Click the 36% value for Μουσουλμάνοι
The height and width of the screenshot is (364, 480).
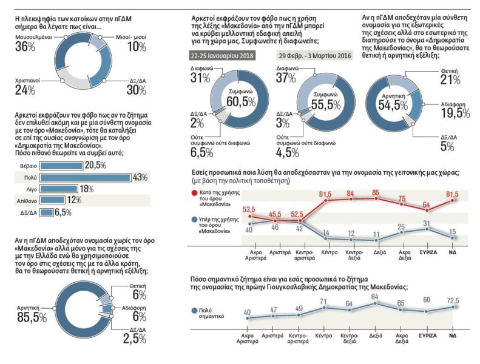pos(25,47)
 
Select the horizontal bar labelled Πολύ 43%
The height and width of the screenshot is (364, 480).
pos(85,178)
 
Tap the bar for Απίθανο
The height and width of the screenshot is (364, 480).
pos(52,201)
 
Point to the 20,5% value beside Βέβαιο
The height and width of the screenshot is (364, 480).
pos(95,166)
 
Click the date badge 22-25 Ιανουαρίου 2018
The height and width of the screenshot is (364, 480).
pos(222,56)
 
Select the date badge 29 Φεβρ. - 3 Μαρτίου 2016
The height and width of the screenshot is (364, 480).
pos(315,56)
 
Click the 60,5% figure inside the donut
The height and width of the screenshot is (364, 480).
pos(241,102)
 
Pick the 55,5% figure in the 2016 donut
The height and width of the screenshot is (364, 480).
pos(326,105)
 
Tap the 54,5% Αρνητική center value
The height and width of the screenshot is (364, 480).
pos(393,106)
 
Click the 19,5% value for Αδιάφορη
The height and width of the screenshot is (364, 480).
pos(455,113)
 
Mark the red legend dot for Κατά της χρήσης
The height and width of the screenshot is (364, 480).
pos(194,194)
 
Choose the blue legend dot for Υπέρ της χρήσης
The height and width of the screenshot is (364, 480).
pos(194,220)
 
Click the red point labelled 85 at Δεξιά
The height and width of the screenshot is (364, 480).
pos(376,198)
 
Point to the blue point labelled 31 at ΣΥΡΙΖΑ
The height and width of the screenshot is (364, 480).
pos(427,229)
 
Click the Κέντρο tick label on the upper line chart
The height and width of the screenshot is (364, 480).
pos(330,252)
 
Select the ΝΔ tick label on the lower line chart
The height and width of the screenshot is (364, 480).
pos(453,335)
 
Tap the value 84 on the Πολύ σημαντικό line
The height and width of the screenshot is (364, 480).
pos(374,297)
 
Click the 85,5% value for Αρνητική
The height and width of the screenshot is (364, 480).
pos(32,317)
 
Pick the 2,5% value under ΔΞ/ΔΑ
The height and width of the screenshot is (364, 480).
pos(135,339)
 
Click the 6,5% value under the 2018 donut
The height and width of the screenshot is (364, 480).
pos(201,152)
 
